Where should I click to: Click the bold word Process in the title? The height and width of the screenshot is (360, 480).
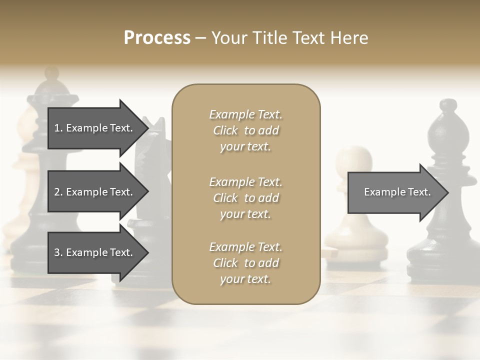point(157,38)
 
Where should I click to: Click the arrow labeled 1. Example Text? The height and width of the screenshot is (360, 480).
point(95,128)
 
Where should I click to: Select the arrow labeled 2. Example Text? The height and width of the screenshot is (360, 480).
point(95,192)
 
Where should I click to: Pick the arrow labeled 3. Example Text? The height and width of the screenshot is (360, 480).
point(95,252)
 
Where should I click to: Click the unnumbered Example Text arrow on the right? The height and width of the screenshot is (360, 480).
point(395,192)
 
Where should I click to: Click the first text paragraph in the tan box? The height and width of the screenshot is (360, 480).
point(245,130)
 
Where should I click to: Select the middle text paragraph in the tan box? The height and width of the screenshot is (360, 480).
point(245,198)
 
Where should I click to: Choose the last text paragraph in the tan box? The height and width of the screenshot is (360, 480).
point(245,263)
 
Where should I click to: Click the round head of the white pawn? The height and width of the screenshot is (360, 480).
point(354,161)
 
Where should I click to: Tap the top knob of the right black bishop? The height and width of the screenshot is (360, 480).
point(448,106)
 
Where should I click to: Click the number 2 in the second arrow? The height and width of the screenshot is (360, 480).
point(57,192)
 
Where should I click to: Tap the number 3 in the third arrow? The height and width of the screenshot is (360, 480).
point(57,252)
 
